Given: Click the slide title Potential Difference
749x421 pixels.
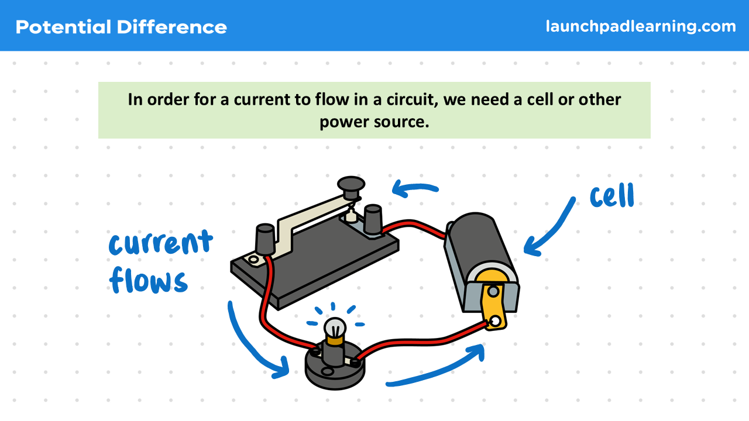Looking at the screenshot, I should pos(121,27).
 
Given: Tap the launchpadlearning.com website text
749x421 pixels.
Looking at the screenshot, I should pos(641,26).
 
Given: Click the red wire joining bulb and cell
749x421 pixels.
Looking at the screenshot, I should pos(421,339).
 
